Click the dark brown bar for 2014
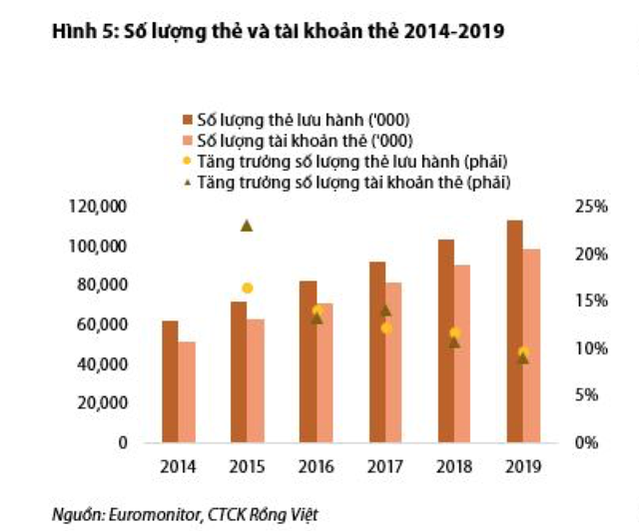pyautogui.click(x=170, y=381)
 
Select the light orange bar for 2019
pyautogui.click(x=531, y=345)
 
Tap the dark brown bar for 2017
pyautogui.click(x=377, y=351)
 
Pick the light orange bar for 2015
pyautogui.click(x=256, y=380)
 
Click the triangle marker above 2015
pyautogui.click(x=247, y=226)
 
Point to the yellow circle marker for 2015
pyautogui.click(x=247, y=288)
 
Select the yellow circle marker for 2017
pyautogui.click(x=386, y=327)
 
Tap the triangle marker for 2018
pyautogui.click(x=454, y=342)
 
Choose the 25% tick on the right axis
pyautogui.click(x=593, y=207)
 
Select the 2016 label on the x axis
pyautogui.click(x=316, y=466)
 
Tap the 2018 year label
pyautogui.click(x=453, y=466)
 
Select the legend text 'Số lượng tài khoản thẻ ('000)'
pyautogui.click(x=307, y=142)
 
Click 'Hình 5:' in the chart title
pyautogui.click(x=82, y=32)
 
